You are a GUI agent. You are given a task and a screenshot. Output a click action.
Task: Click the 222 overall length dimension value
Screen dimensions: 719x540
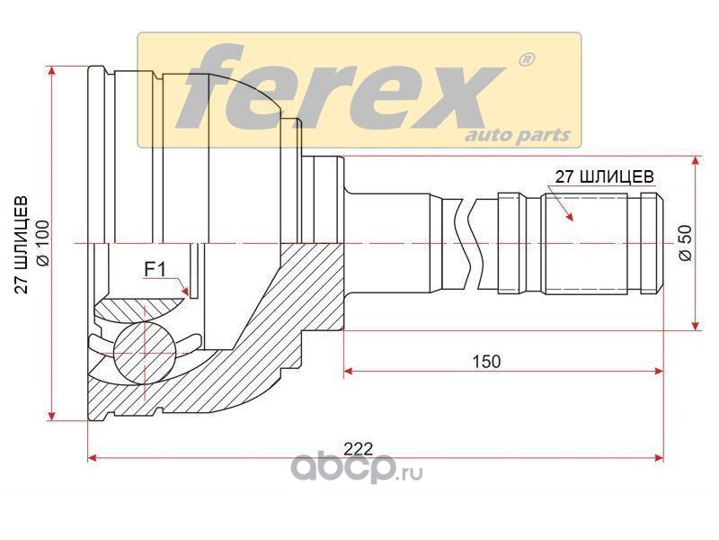point(359,448)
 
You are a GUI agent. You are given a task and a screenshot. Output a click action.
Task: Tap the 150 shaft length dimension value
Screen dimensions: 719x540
point(486,362)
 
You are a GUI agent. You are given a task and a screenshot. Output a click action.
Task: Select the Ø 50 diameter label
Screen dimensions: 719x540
point(686,243)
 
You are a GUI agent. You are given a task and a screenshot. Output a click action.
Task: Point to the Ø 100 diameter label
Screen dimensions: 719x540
point(42,243)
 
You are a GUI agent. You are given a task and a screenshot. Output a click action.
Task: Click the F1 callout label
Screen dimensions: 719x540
point(155,269)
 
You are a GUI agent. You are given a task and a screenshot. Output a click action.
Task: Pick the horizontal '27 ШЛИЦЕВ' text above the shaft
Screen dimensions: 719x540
point(604,176)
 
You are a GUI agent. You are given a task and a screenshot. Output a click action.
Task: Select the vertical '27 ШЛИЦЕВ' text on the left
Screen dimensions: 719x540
point(21,245)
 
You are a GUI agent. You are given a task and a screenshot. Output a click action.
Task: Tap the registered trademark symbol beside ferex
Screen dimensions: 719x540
point(526,59)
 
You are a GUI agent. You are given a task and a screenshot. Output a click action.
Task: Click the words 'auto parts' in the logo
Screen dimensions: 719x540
point(519,135)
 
